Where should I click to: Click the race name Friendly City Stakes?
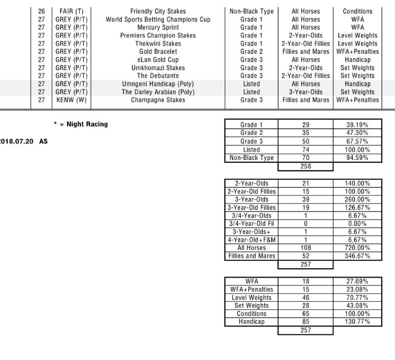[x=158, y=11]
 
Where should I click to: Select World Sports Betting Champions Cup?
[x=158, y=19]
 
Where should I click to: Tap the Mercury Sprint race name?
[x=158, y=28]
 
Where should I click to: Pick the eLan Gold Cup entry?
[x=158, y=60]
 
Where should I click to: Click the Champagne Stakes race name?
[x=158, y=100]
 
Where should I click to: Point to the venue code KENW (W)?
[x=72, y=100]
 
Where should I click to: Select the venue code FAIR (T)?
[x=72, y=11]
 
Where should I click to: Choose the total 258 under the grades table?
[x=306, y=166]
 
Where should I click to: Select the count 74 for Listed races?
[x=306, y=150]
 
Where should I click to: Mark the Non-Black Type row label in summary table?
[x=251, y=158]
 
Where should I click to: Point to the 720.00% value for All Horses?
[x=357, y=248]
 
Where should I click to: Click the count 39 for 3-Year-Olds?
[x=306, y=200]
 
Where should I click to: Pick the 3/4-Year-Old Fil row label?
[x=251, y=224]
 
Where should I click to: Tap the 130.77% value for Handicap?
[x=357, y=321]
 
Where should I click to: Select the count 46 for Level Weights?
[x=306, y=297]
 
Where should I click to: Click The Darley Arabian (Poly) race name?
[x=158, y=92]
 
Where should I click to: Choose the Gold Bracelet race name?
[x=158, y=51]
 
